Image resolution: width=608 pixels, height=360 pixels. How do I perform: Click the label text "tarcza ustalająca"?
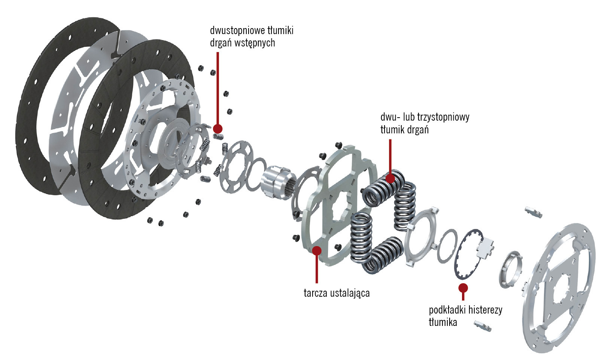coord(336,293)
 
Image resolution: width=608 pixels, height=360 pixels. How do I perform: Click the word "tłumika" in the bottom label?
coord(443,322)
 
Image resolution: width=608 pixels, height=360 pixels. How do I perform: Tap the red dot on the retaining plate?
coord(317,250)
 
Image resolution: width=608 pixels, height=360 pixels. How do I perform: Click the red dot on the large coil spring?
coord(390,178)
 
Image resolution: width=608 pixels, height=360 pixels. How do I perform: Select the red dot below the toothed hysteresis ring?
coord(463,288)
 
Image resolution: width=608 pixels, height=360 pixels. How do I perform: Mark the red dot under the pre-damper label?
coord(218,128)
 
